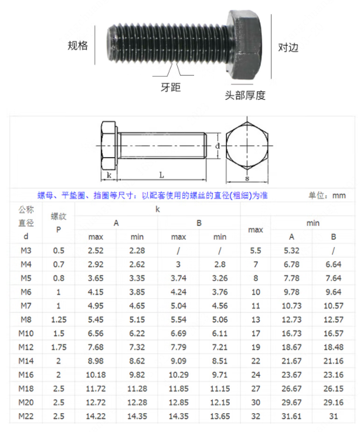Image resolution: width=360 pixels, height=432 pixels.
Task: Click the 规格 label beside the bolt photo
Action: click(x=78, y=46)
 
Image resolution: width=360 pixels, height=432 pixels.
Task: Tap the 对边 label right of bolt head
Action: click(x=288, y=47)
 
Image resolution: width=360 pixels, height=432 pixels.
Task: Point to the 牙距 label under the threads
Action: click(x=171, y=87)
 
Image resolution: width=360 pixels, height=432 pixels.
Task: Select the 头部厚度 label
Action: click(x=245, y=96)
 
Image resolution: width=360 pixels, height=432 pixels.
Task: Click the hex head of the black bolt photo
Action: click(x=244, y=45)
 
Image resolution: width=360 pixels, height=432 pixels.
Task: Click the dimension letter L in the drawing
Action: click(x=162, y=175)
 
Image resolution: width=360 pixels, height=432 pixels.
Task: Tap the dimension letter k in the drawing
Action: click(x=109, y=175)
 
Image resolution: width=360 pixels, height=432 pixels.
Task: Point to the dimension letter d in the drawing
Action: click(x=218, y=146)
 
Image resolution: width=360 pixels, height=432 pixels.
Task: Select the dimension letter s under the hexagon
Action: click(x=247, y=179)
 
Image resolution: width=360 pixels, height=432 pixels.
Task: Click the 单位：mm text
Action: click(x=327, y=195)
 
